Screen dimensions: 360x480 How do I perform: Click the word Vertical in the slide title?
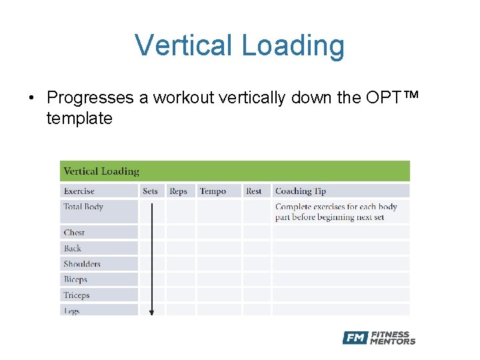pos(183,45)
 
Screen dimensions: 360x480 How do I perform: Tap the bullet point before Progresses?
pos(31,98)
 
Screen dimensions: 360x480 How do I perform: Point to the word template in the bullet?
pos(79,119)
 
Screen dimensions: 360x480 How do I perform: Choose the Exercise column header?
pos(79,191)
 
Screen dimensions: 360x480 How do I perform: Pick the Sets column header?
pos(150,191)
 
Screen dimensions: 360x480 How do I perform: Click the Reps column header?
pos(178,191)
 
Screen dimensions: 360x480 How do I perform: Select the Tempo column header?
pos(213,191)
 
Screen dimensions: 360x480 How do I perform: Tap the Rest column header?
pos(253,191)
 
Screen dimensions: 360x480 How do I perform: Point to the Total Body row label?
pos(83,207)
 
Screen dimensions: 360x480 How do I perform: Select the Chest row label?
pos(74,233)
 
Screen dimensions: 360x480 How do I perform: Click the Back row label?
pos(72,249)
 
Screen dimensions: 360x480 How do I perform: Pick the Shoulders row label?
pos(82,264)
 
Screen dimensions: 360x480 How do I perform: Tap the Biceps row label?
pos(75,280)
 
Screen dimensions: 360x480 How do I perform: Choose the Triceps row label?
pos(76,295)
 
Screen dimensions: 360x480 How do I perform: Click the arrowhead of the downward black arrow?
pos(151,311)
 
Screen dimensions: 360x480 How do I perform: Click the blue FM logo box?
pos(355,338)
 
